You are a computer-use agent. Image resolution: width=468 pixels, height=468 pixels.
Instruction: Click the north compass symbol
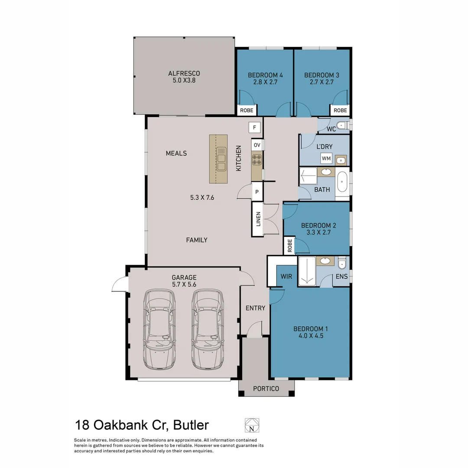[x=250, y=425]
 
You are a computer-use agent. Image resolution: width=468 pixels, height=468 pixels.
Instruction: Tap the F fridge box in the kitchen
[x=254, y=128]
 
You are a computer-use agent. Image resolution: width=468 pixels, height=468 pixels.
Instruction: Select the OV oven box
[x=257, y=145]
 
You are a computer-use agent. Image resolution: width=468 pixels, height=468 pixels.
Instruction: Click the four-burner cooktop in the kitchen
[x=257, y=159]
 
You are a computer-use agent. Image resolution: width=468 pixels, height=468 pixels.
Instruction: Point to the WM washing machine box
[x=326, y=159]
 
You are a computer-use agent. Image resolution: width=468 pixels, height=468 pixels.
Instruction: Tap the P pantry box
[x=257, y=192]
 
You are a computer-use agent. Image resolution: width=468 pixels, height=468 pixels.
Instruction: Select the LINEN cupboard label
[x=258, y=219]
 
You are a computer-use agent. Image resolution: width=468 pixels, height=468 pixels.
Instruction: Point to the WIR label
[x=286, y=276]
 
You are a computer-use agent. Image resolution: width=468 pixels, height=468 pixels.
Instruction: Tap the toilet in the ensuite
[x=342, y=263]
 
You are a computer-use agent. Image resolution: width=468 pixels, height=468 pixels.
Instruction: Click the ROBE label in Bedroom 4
[x=247, y=110]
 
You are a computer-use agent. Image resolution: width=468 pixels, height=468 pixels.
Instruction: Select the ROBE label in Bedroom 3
[x=340, y=110]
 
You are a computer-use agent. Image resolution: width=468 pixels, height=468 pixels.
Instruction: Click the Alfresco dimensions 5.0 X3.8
[x=184, y=80]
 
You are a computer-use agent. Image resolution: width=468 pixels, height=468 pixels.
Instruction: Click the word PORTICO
[x=266, y=389]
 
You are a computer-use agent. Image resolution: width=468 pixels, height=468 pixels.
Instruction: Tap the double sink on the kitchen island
[x=221, y=159]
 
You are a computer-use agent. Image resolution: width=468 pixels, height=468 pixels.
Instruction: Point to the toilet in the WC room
[x=342, y=126]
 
